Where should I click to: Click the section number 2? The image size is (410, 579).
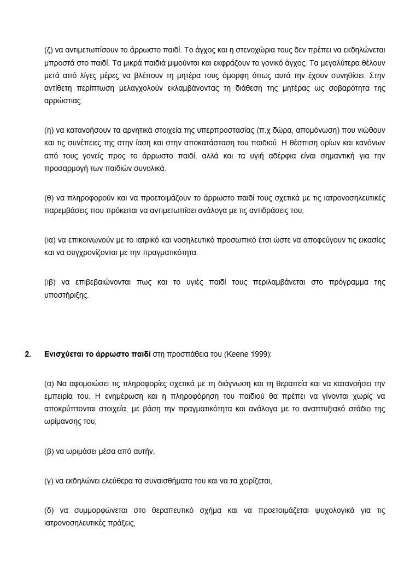coord(27,354)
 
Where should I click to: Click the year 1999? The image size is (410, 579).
coord(257,354)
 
